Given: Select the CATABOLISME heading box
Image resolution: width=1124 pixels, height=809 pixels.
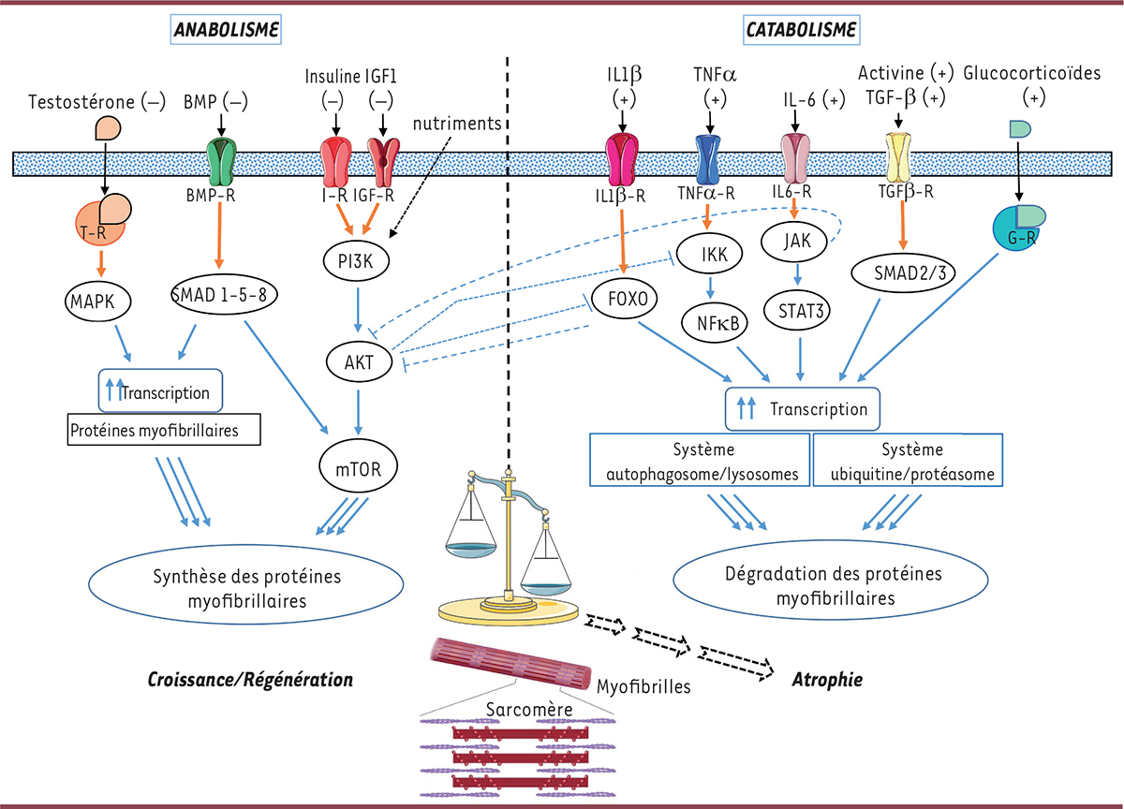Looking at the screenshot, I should click(801, 30).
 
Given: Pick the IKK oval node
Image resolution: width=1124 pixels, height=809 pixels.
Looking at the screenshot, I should click(716, 251).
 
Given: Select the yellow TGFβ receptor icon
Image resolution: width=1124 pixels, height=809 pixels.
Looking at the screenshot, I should click(898, 157).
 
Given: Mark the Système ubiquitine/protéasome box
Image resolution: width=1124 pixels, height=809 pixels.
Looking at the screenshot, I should click(909, 460).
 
